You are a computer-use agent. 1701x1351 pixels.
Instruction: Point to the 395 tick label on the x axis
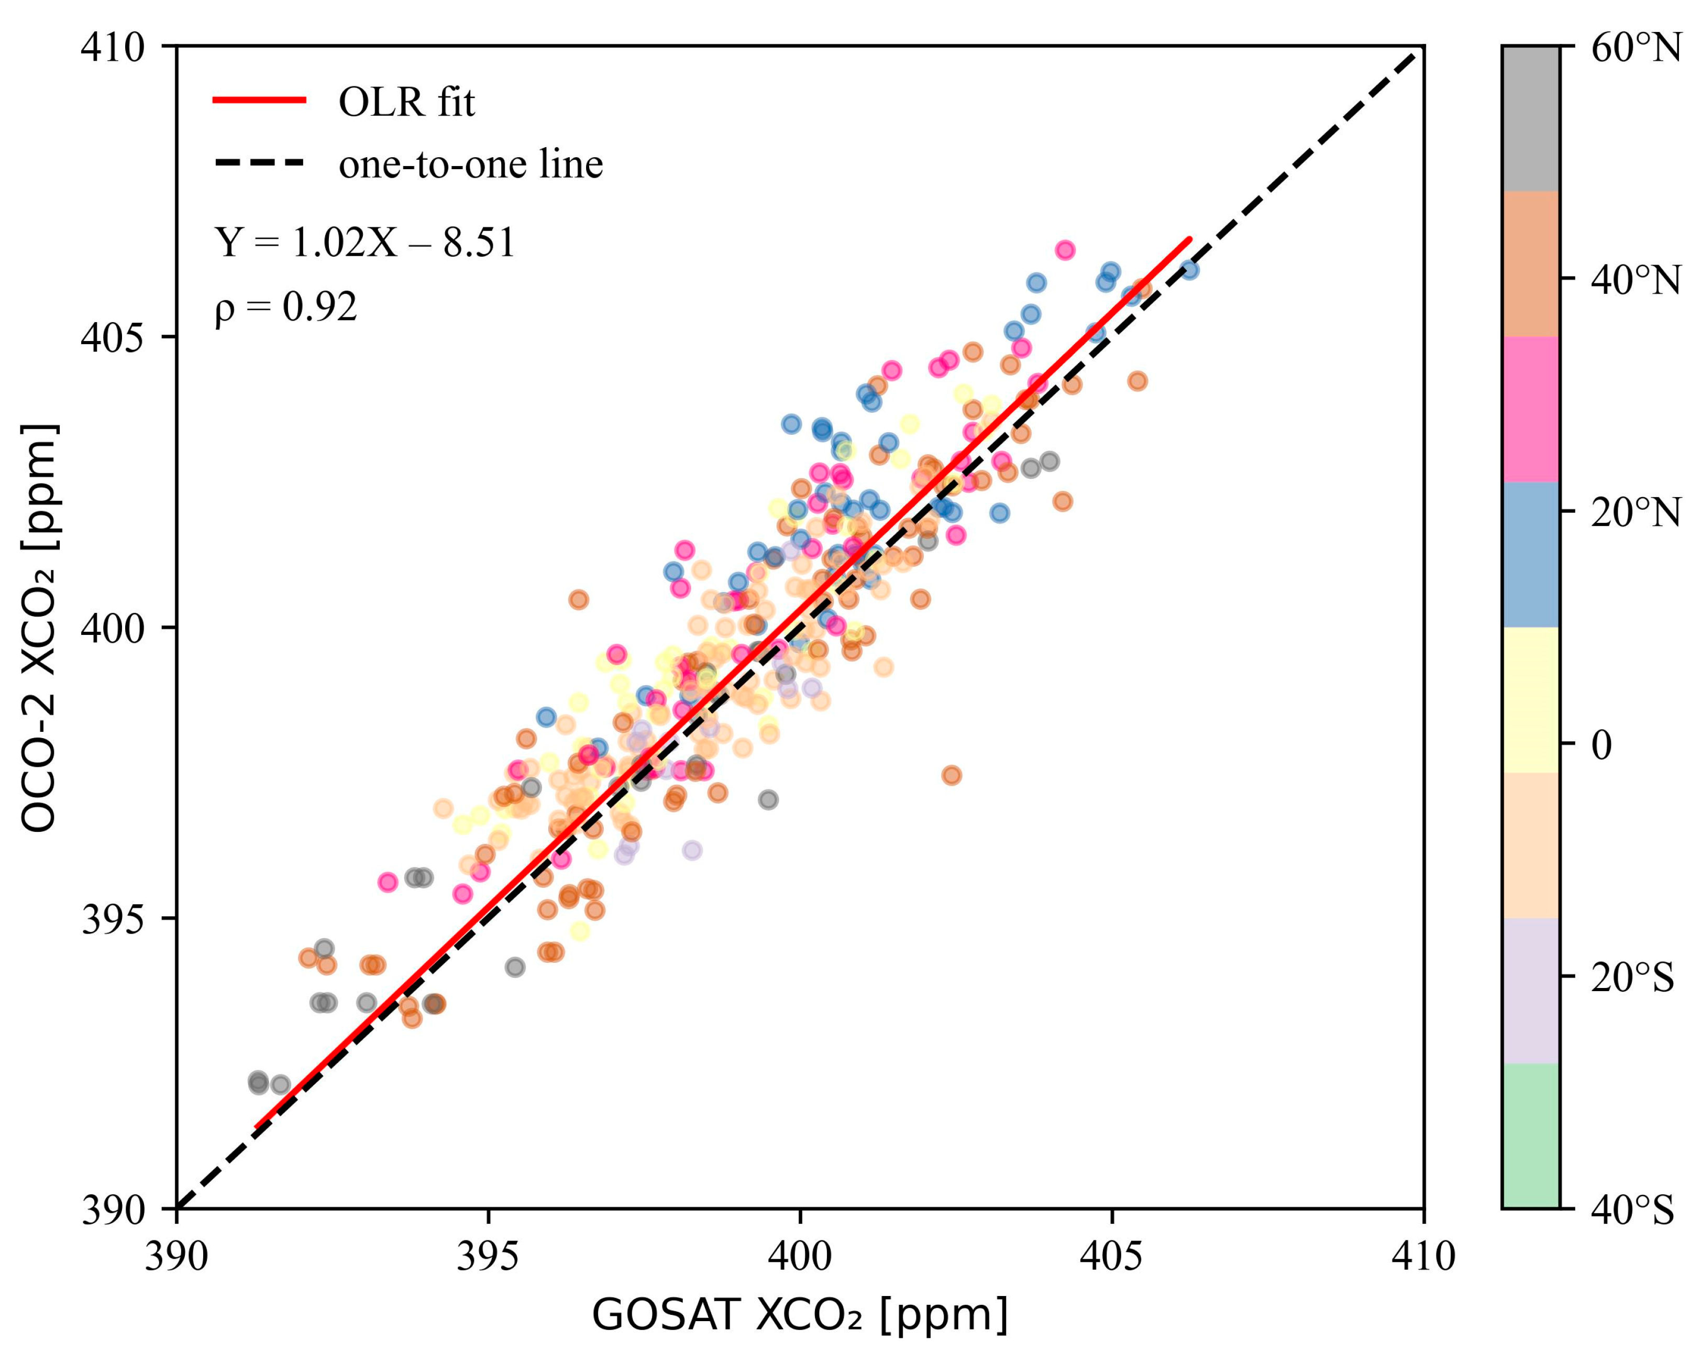click(x=488, y=1256)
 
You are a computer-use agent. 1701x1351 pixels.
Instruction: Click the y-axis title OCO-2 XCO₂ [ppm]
click(x=38, y=628)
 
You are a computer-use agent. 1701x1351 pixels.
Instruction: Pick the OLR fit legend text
click(x=406, y=103)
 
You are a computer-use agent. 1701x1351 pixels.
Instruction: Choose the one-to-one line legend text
click(x=470, y=164)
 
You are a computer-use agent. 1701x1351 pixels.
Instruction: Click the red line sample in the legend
click(x=259, y=100)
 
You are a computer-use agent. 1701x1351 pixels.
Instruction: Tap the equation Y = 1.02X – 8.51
click(x=364, y=242)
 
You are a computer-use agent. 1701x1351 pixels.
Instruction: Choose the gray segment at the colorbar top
click(x=1531, y=118)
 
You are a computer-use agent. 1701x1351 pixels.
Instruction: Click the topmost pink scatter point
click(x=1064, y=250)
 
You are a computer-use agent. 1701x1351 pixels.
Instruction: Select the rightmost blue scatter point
click(x=1189, y=270)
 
